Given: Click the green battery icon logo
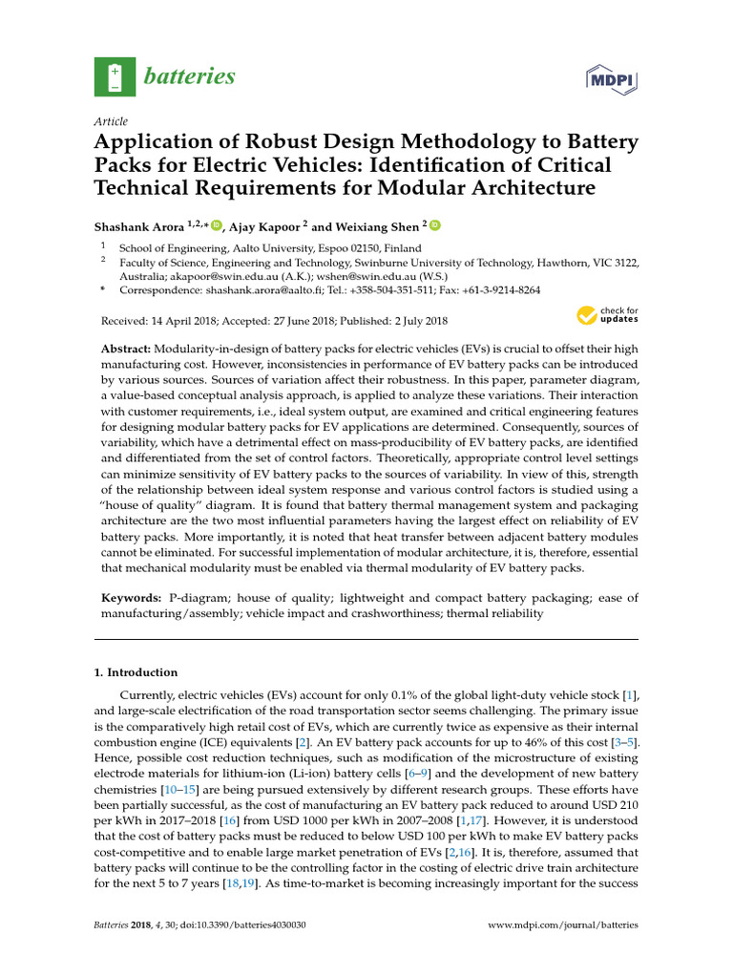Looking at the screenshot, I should click(x=115, y=76).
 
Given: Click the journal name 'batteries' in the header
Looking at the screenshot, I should click(x=190, y=76).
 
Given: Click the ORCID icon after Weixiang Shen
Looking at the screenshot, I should click(x=435, y=225).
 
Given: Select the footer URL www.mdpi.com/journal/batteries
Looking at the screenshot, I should click(x=562, y=925).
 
